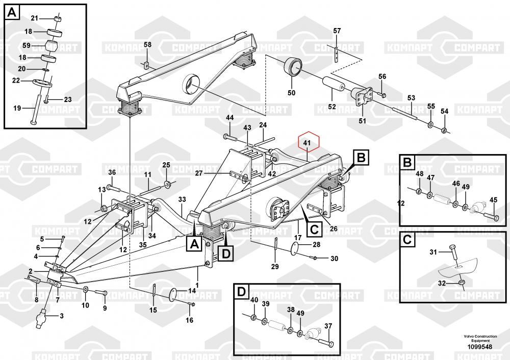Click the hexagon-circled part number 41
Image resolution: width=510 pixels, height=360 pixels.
(x=307, y=144)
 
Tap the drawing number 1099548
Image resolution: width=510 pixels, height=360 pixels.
(x=478, y=347)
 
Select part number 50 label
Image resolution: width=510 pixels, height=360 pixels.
(x=291, y=93)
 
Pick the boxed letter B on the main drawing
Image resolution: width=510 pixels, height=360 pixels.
(x=361, y=158)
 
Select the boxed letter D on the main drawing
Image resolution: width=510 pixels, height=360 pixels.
(x=226, y=252)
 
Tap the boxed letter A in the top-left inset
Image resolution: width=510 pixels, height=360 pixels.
(x=12, y=11)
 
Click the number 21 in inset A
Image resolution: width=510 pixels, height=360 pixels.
(x=35, y=18)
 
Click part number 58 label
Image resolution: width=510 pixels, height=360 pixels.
(x=147, y=45)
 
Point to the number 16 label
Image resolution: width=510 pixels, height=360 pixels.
(x=189, y=320)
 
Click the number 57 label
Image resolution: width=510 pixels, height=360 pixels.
(x=337, y=31)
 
